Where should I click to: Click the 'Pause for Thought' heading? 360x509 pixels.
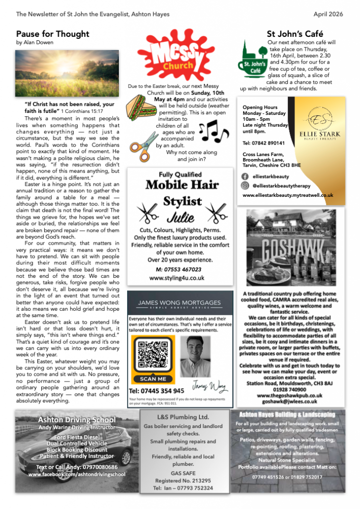pos(53,34)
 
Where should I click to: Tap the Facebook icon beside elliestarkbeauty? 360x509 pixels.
pos(245,176)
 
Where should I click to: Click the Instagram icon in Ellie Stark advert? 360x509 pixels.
pos(245,185)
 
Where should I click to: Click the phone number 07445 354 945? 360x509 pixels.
pos(157,391)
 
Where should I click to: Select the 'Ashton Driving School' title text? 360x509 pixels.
pos(77,420)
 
